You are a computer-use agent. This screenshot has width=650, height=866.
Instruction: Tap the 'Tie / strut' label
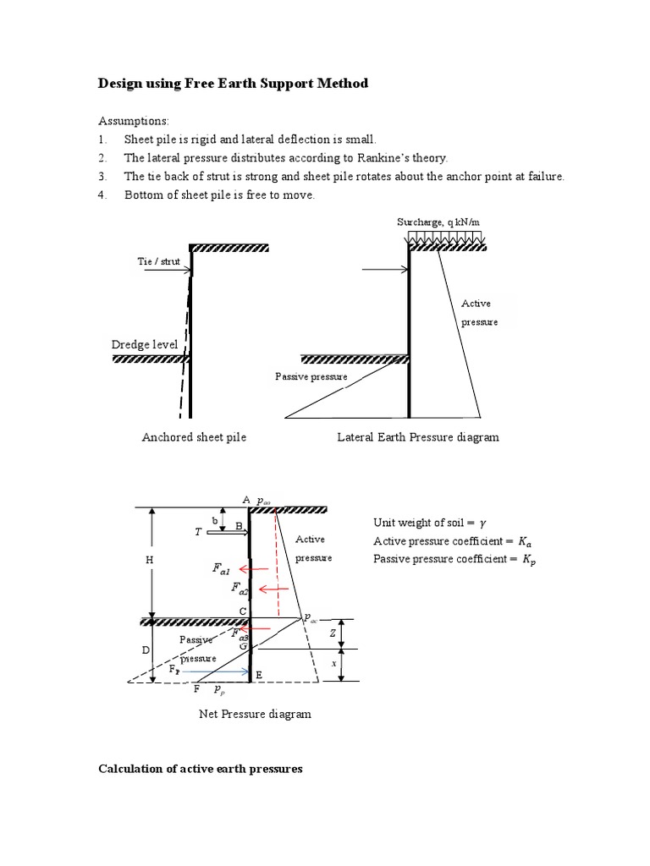click(158, 261)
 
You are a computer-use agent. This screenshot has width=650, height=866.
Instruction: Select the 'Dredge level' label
click(144, 344)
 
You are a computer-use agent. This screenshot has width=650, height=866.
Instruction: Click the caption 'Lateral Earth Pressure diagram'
click(418, 437)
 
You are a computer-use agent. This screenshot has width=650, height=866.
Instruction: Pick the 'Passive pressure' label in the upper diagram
click(311, 376)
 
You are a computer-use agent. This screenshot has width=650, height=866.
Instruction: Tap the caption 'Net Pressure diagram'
click(255, 714)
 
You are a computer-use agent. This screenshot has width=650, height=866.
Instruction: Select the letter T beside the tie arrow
click(198, 533)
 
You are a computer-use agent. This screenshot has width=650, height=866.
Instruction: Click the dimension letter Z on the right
click(333, 633)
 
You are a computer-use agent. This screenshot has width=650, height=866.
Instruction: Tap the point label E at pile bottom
click(259, 674)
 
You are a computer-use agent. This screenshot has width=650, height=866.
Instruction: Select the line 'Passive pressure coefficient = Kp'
click(454, 559)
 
